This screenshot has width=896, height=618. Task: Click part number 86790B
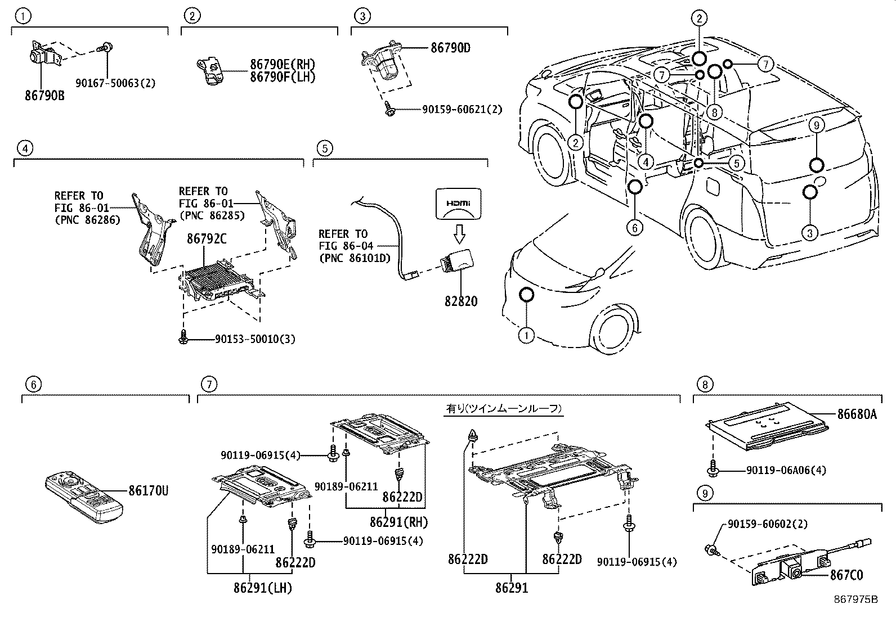[44, 95]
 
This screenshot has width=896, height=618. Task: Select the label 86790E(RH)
[283, 65]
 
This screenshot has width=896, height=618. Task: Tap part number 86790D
[450, 48]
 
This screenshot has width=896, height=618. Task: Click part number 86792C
[207, 239]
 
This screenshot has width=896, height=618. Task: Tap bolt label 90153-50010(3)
[255, 339]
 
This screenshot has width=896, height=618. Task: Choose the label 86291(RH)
[398, 522]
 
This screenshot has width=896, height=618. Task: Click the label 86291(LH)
[263, 588]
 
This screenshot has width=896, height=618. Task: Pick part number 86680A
[857, 414]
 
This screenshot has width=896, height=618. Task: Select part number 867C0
[846, 575]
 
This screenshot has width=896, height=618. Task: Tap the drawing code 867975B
[856, 599]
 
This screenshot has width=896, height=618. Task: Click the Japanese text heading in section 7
[504, 409]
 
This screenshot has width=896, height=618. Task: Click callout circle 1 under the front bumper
[526, 336]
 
